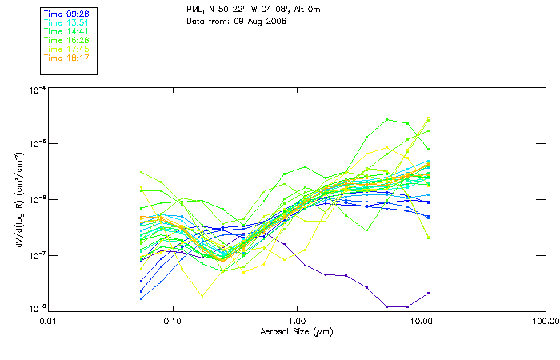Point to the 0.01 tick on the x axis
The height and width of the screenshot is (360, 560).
point(48,321)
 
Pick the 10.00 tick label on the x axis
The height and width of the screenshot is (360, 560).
point(421,321)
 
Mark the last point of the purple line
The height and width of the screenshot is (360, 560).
point(429,294)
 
